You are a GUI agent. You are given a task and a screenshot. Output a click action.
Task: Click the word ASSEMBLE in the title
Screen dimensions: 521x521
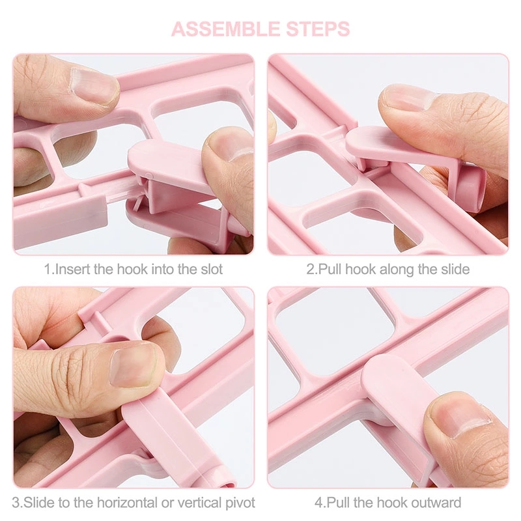(x=225, y=29)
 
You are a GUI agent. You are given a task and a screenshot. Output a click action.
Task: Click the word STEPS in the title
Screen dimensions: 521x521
(x=318, y=29)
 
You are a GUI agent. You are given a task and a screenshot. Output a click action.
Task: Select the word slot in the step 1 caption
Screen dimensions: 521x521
(x=211, y=269)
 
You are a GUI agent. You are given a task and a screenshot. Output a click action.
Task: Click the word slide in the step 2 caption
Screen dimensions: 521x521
(x=455, y=269)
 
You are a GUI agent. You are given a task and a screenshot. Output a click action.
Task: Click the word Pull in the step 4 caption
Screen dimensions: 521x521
(x=339, y=502)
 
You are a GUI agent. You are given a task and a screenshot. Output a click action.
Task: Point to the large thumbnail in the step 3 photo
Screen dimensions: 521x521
(x=134, y=365)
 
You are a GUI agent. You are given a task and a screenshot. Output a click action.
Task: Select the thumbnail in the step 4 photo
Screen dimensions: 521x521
(x=462, y=417)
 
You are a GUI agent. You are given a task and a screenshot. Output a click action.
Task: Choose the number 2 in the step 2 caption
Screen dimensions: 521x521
(x=311, y=269)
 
